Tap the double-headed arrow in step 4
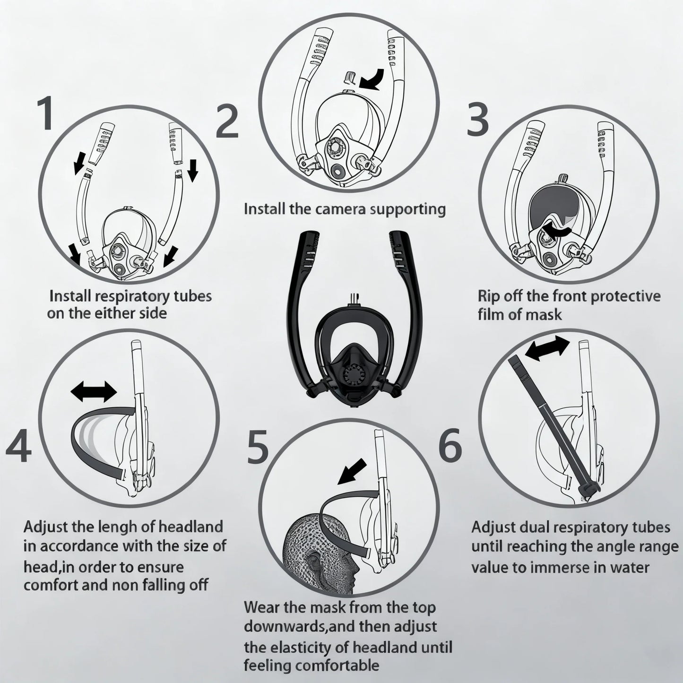pos(94,392)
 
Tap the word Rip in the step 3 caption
pos(488,296)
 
